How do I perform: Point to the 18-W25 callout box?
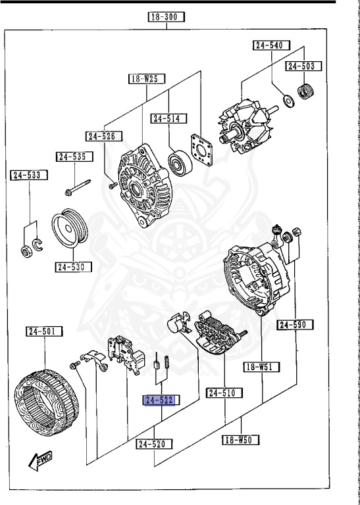pos(146,79)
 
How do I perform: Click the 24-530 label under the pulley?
pos(72,267)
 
